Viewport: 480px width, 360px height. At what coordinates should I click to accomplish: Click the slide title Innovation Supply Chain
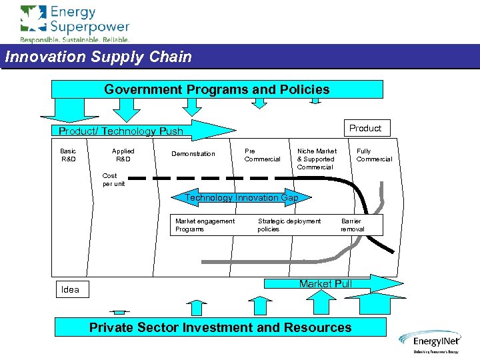pyautogui.click(x=99, y=57)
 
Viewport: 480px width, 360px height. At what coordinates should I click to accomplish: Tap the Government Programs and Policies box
pyautogui.click(x=217, y=89)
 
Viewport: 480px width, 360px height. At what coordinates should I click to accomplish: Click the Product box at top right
pyautogui.click(x=365, y=128)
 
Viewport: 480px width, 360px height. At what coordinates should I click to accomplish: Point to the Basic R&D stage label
pyautogui.click(x=69, y=155)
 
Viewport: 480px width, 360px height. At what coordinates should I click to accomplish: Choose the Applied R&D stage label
pyautogui.click(x=123, y=155)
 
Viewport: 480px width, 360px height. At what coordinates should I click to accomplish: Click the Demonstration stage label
pyautogui.click(x=193, y=154)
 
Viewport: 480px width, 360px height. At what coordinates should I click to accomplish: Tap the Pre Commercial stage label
pyautogui.click(x=262, y=155)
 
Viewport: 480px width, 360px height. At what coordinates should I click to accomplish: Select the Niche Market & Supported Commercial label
pyautogui.click(x=317, y=159)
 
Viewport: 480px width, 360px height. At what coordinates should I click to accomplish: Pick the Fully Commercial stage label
pyautogui.click(x=374, y=155)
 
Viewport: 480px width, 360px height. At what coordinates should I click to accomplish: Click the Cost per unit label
pyautogui.click(x=113, y=180)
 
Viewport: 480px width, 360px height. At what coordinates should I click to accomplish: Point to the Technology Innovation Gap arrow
pyautogui.click(x=241, y=198)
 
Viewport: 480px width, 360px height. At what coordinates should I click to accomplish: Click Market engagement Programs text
pyautogui.click(x=205, y=225)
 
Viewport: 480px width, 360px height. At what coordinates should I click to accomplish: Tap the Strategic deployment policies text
pyautogui.click(x=289, y=225)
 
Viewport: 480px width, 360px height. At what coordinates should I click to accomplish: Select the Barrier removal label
pyautogui.click(x=352, y=225)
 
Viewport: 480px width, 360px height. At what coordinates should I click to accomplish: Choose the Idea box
pyautogui.click(x=70, y=289)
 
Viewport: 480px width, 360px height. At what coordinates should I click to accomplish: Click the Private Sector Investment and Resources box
pyautogui.click(x=220, y=327)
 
